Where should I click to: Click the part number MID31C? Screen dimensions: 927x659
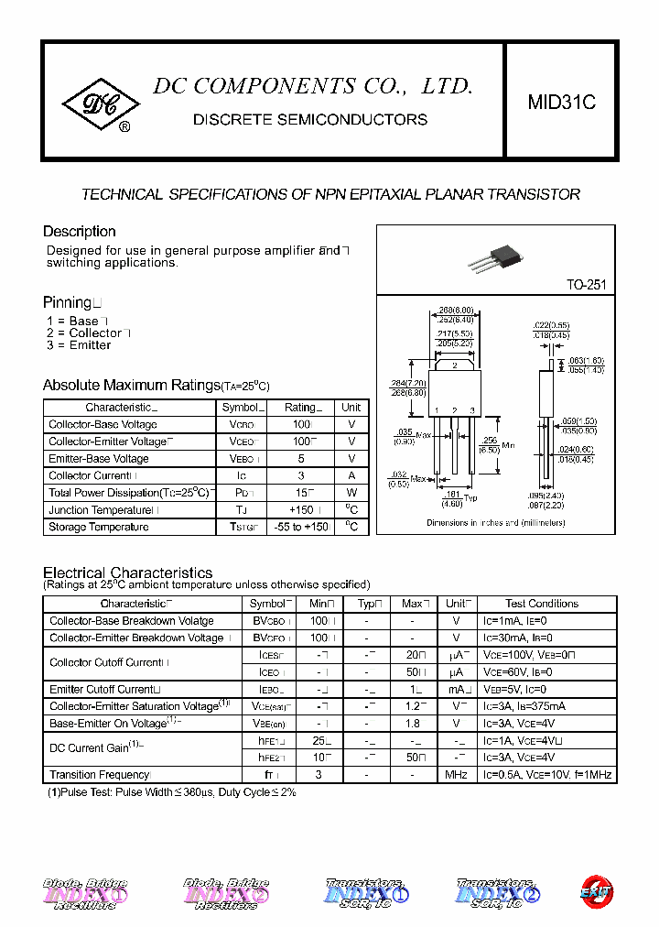(561, 104)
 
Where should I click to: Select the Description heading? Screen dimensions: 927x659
(80, 232)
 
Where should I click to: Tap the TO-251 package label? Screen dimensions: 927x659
(586, 285)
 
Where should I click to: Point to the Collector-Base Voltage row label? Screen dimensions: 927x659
(103, 425)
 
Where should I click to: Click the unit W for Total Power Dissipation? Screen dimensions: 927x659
(351, 493)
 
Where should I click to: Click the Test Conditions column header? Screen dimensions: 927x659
(542, 604)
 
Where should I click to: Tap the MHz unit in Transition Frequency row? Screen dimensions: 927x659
(456, 775)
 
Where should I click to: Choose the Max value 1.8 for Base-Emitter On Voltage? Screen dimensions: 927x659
(412, 723)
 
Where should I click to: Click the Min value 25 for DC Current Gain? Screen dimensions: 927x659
(319, 740)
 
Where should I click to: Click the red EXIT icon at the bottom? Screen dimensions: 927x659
(596, 889)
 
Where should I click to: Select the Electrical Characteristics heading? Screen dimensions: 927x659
(128, 573)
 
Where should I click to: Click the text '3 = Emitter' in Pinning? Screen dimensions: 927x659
(79, 345)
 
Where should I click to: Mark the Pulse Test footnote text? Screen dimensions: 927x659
(171, 792)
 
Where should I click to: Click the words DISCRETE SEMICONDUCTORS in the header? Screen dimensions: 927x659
(310, 120)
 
